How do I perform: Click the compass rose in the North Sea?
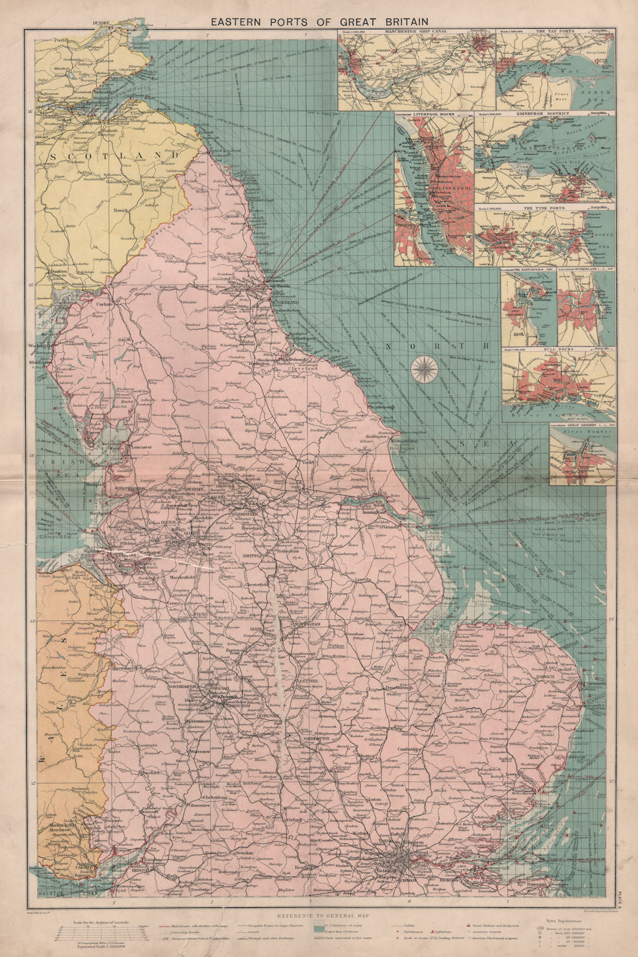(x=423, y=368)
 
